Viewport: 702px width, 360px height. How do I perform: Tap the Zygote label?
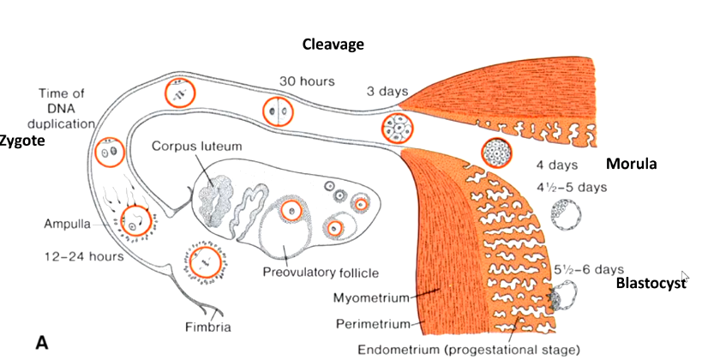click(x=21, y=140)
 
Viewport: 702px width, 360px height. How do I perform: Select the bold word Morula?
click(x=631, y=164)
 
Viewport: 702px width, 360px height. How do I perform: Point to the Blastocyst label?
click(x=652, y=283)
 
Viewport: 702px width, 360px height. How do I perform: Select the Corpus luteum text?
click(x=197, y=147)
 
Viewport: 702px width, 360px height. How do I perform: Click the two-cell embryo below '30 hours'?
click(x=276, y=111)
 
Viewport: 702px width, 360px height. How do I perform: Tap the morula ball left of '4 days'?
click(x=496, y=153)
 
